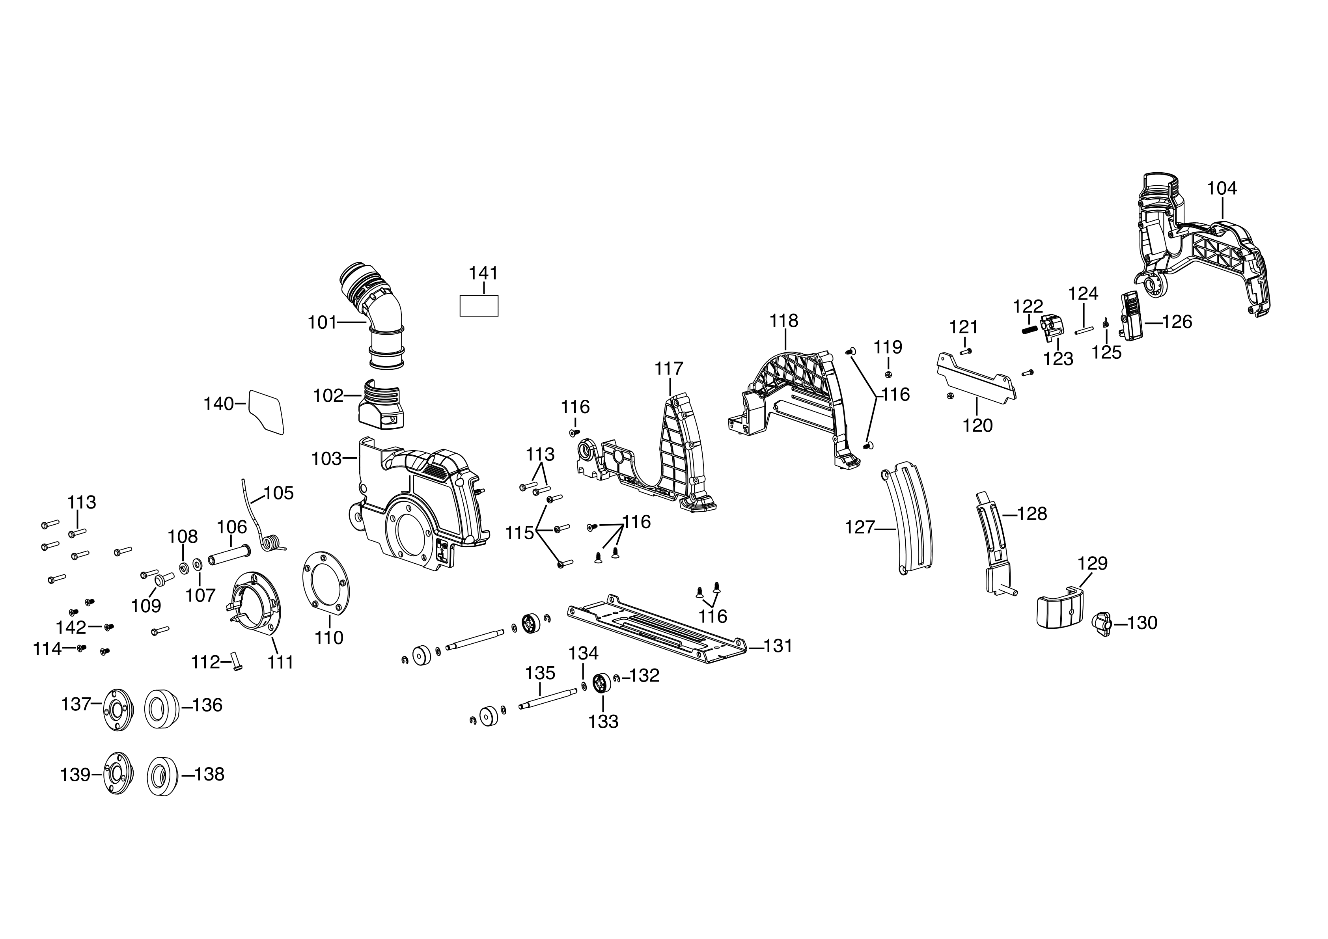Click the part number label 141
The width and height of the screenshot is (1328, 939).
(x=483, y=273)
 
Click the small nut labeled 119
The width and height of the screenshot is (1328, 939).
(x=888, y=374)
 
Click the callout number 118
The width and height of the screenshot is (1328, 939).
(x=784, y=321)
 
